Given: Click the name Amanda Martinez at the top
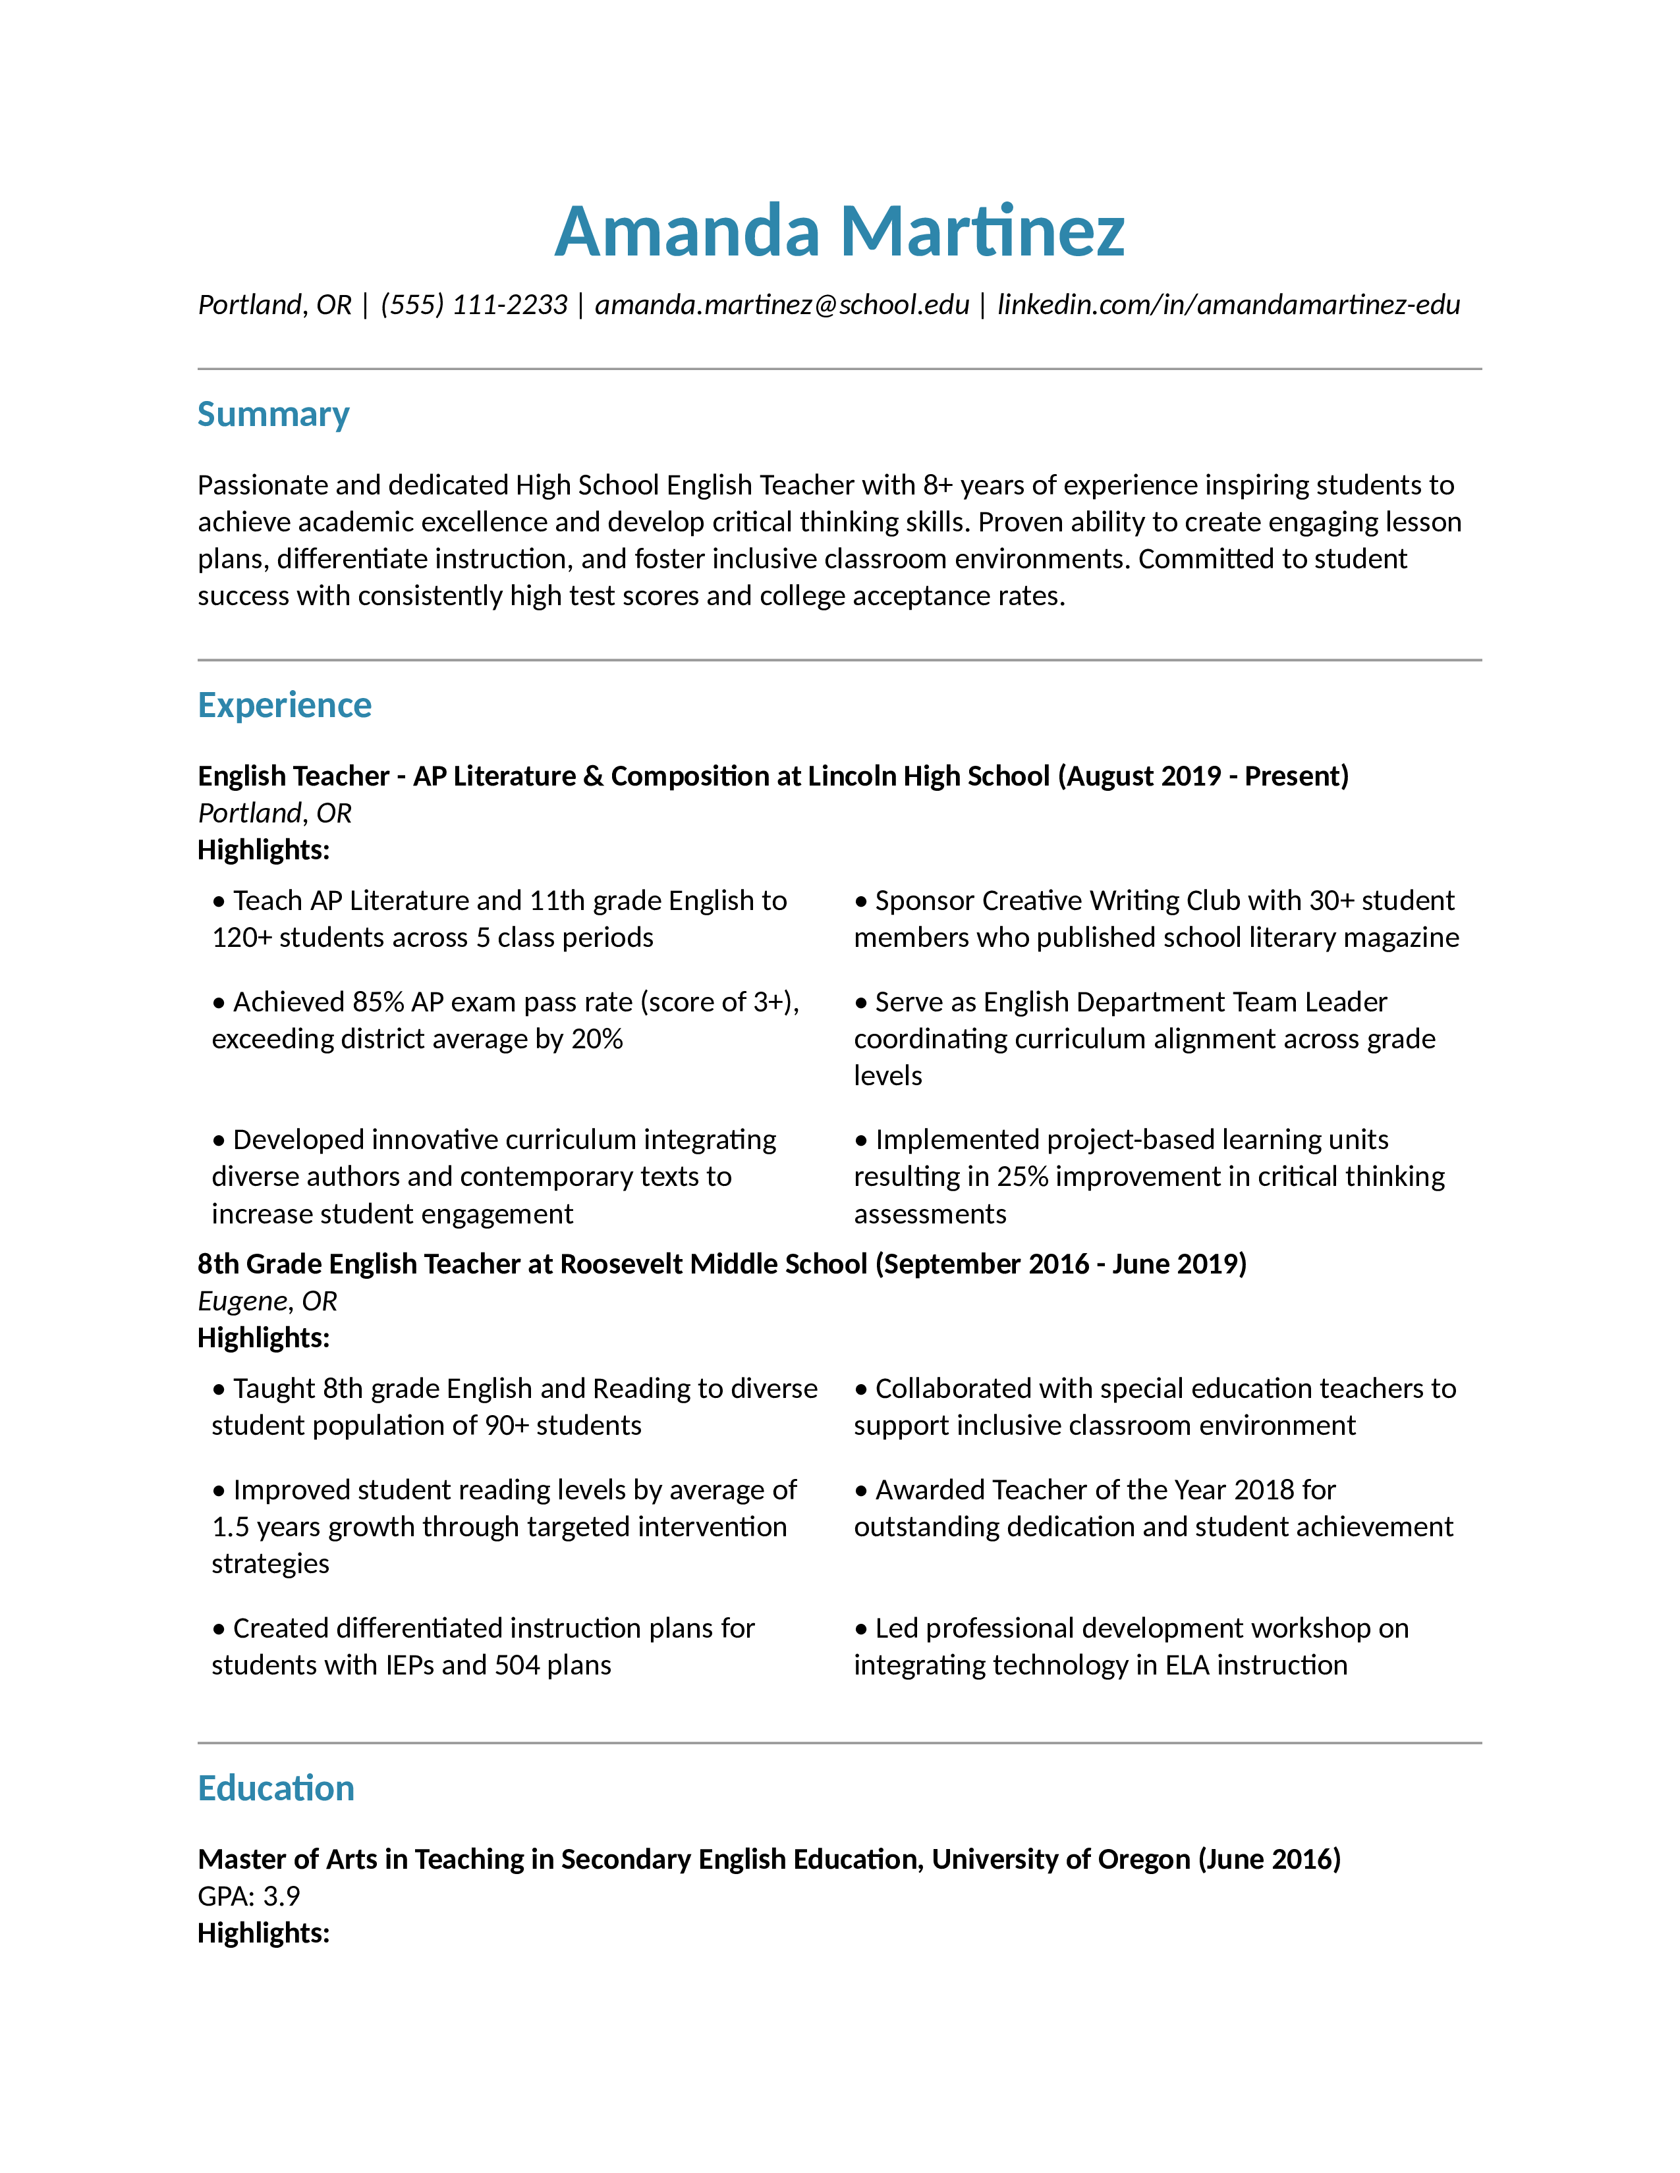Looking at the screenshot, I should (839, 231).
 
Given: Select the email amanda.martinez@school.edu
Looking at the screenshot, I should (781, 304).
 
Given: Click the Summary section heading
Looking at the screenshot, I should (273, 414).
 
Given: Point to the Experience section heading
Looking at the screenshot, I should (284, 705).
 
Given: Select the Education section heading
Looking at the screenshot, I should (275, 1788).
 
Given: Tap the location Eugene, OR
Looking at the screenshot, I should (267, 1301).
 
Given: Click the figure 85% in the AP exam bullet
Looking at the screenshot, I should (378, 1002).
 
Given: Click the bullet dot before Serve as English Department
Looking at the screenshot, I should (861, 1003).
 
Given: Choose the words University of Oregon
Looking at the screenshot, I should (1061, 1859).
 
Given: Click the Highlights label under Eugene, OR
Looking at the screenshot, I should (263, 1337).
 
